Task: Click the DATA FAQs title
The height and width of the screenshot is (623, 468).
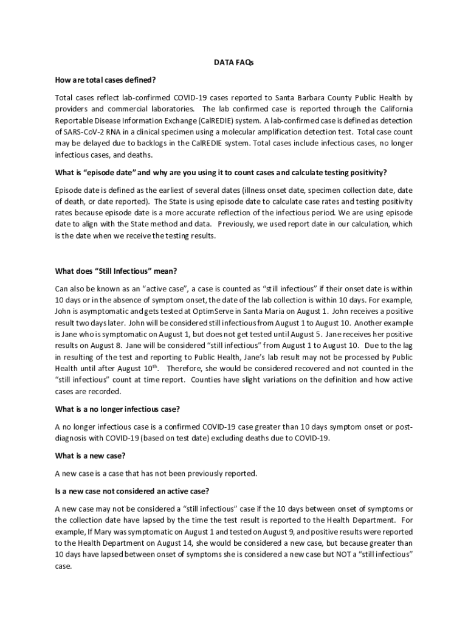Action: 233,62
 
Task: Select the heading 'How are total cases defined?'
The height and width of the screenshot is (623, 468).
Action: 105,80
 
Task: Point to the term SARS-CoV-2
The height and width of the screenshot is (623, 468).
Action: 85,131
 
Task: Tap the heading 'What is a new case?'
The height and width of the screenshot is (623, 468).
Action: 91,456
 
